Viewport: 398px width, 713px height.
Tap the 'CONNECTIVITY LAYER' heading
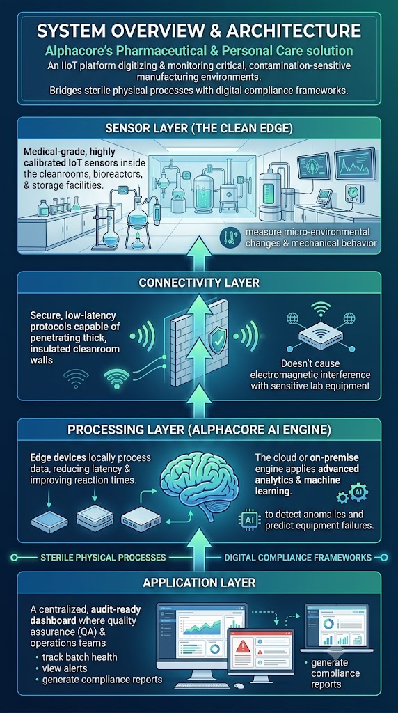199,283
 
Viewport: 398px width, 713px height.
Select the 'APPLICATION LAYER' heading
199,582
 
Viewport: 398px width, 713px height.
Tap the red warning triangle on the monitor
244,646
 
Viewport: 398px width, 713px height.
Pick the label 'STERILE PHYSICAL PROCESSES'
103,558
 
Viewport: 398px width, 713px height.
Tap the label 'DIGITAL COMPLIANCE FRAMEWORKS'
298,558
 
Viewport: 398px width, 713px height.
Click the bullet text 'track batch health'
79,657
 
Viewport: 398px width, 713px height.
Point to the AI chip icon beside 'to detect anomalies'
249,519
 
